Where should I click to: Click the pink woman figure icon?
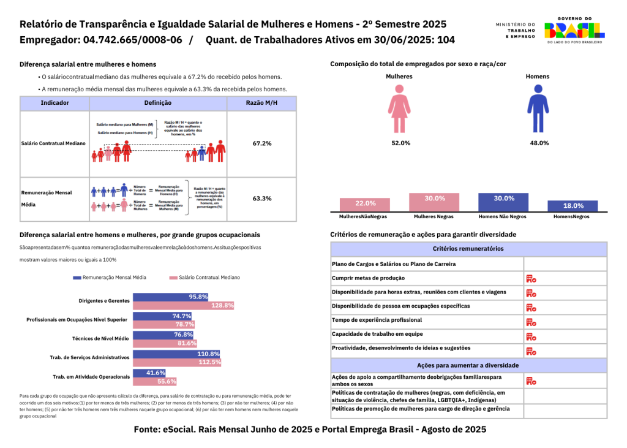(399, 108)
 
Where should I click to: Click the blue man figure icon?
(538, 108)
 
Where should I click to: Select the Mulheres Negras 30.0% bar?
(435, 202)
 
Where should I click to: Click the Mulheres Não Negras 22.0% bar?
(366, 204)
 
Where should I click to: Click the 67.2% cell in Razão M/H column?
(261, 143)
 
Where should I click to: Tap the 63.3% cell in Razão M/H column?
(261, 199)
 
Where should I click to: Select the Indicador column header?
(54, 103)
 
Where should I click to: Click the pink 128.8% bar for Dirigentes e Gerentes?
(183, 305)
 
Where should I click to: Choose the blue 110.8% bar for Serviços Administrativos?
(176, 354)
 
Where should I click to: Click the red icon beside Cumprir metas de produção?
(531, 278)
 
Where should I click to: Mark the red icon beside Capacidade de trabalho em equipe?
(531, 336)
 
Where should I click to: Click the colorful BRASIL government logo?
(574, 28)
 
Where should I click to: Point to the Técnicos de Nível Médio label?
(101, 338)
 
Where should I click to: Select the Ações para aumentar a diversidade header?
(468, 365)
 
